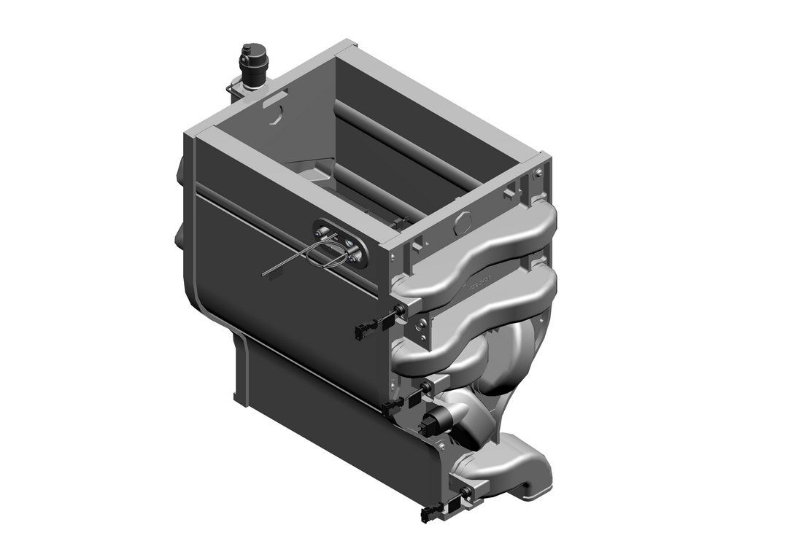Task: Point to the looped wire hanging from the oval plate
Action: [x=321, y=257]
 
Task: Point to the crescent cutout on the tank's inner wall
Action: [x=276, y=114]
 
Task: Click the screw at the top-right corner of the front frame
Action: [x=538, y=173]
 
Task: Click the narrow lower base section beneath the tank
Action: [x=306, y=408]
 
